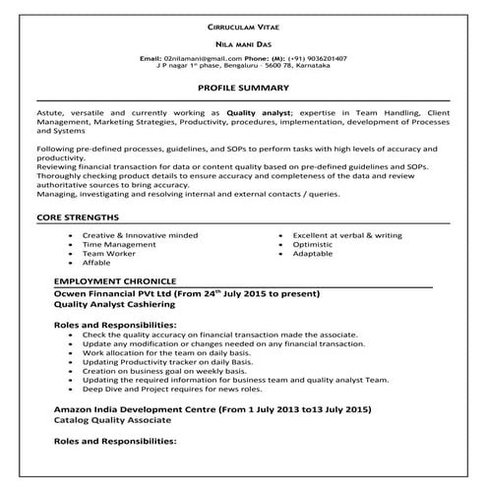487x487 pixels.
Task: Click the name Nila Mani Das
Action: pyautogui.click(x=242, y=44)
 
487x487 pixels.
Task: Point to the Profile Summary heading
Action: pyautogui.click(x=242, y=88)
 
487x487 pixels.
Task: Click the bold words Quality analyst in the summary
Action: pyautogui.click(x=258, y=114)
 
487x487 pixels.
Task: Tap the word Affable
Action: pyautogui.click(x=97, y=263)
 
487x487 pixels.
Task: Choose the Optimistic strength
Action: pyautogui.click(x=312, y=245)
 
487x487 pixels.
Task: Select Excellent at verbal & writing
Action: pyautogui.click(x=339, y=236)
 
